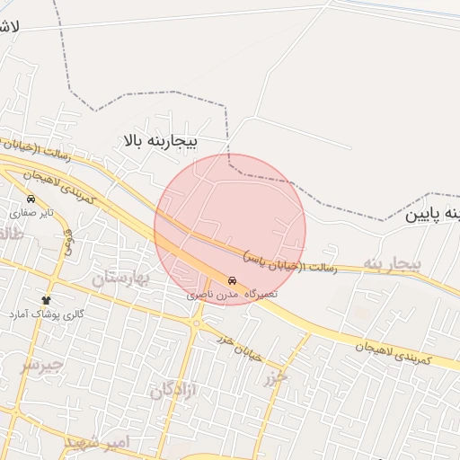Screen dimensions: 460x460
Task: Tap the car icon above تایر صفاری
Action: coord(31,199)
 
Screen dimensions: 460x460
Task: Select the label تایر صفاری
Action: coord(32,214)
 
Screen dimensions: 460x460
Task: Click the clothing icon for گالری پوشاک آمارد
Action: coord(47,299)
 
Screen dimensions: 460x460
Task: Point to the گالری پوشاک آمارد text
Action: coord(47,314)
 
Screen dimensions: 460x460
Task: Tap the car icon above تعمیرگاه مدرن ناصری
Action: coord(234,279)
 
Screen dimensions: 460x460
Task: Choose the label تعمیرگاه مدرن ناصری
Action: coord(233,294)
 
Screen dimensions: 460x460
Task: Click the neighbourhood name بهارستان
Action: coord(131,278)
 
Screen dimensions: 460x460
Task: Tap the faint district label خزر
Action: coord(275,378)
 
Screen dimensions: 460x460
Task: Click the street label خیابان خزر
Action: coord(241,346)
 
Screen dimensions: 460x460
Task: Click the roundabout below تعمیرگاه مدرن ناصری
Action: coord(195,323)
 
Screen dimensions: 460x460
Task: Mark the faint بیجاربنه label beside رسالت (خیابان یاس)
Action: coord(392,263)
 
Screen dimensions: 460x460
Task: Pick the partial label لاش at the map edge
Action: coord(9,27)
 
